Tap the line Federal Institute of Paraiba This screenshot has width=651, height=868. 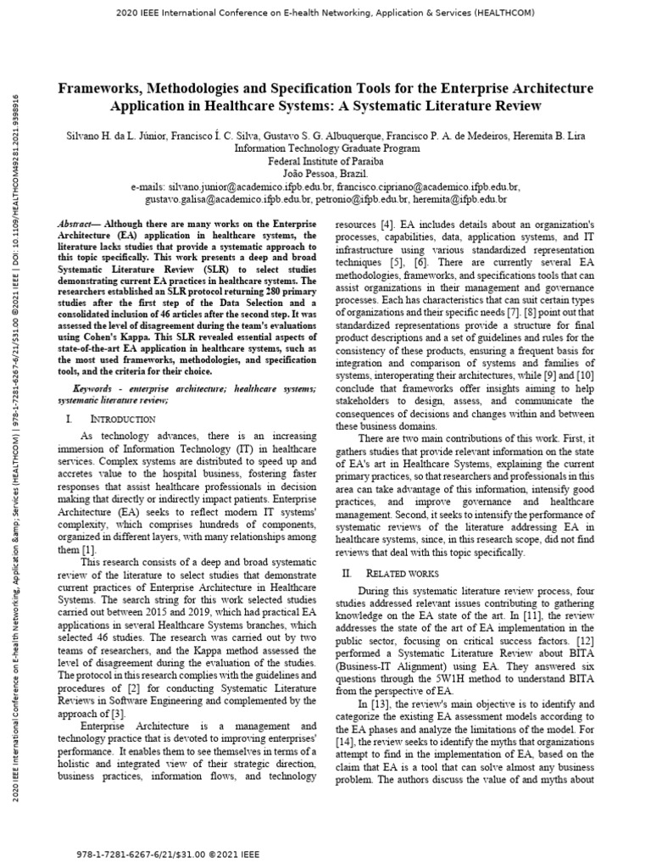tap(325, 160)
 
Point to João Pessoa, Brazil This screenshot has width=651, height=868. tap(325, 173)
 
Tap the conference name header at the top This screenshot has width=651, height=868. tap(325, 15)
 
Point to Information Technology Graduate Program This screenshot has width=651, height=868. tap(325, 147)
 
